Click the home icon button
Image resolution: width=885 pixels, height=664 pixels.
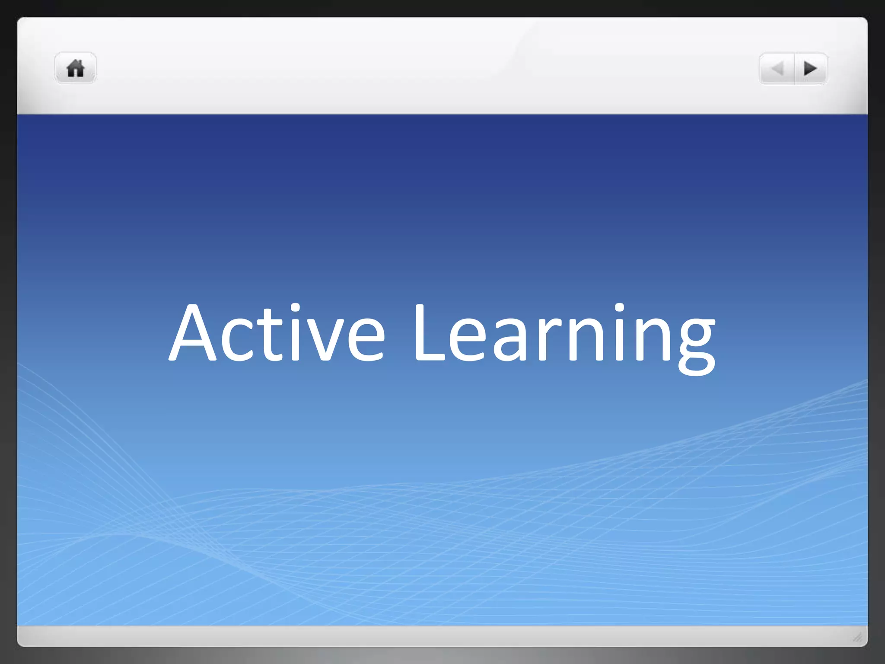[75, 68]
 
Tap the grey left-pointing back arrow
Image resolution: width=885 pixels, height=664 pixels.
[777, 68]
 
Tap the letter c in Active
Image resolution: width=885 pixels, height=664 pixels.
[237, 339]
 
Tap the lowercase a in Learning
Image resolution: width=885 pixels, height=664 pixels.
[510, 339]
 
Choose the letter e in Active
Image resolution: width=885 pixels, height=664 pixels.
[364, 339]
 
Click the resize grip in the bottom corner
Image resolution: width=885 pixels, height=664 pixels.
[857, 636]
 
